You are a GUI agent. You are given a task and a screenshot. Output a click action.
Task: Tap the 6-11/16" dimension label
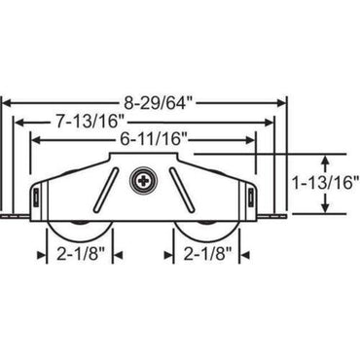[148, 140]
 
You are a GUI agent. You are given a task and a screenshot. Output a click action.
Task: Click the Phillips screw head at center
[144, 180]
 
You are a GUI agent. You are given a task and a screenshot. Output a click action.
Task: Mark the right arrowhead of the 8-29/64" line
[285, 99]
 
